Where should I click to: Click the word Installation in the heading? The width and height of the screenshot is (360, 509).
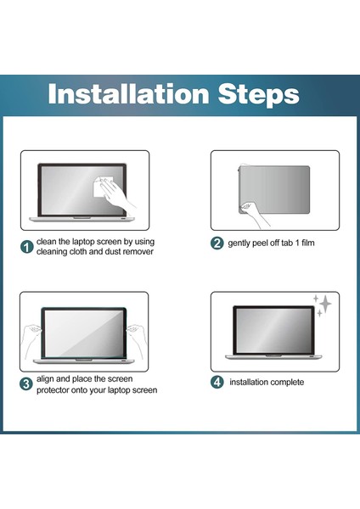click(128, 93)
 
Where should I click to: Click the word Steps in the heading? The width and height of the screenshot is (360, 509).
click(258, 95)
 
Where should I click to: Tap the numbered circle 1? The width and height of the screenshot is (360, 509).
click(26, 247)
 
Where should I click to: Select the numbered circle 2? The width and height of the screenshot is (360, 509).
click(217, 243)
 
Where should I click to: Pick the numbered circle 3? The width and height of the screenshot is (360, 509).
click(26, 384)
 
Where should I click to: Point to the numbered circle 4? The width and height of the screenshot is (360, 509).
click(217, 382)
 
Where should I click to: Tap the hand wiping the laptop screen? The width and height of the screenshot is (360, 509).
click(118, 195)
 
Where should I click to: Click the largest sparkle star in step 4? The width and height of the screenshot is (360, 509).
click(324, 305)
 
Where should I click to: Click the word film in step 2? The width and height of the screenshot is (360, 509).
click(307, 243)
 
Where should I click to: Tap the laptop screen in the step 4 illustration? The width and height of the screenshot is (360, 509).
click(273, 331)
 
